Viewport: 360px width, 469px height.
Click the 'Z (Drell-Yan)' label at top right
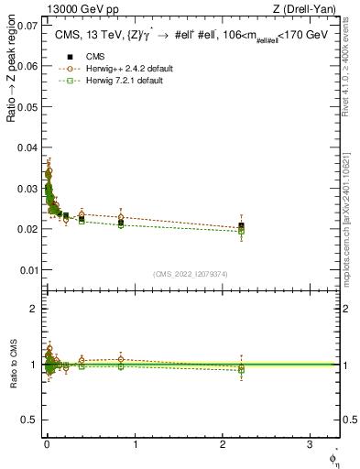[x=304, y=11]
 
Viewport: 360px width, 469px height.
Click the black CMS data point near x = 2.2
[x=241, y=225]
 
